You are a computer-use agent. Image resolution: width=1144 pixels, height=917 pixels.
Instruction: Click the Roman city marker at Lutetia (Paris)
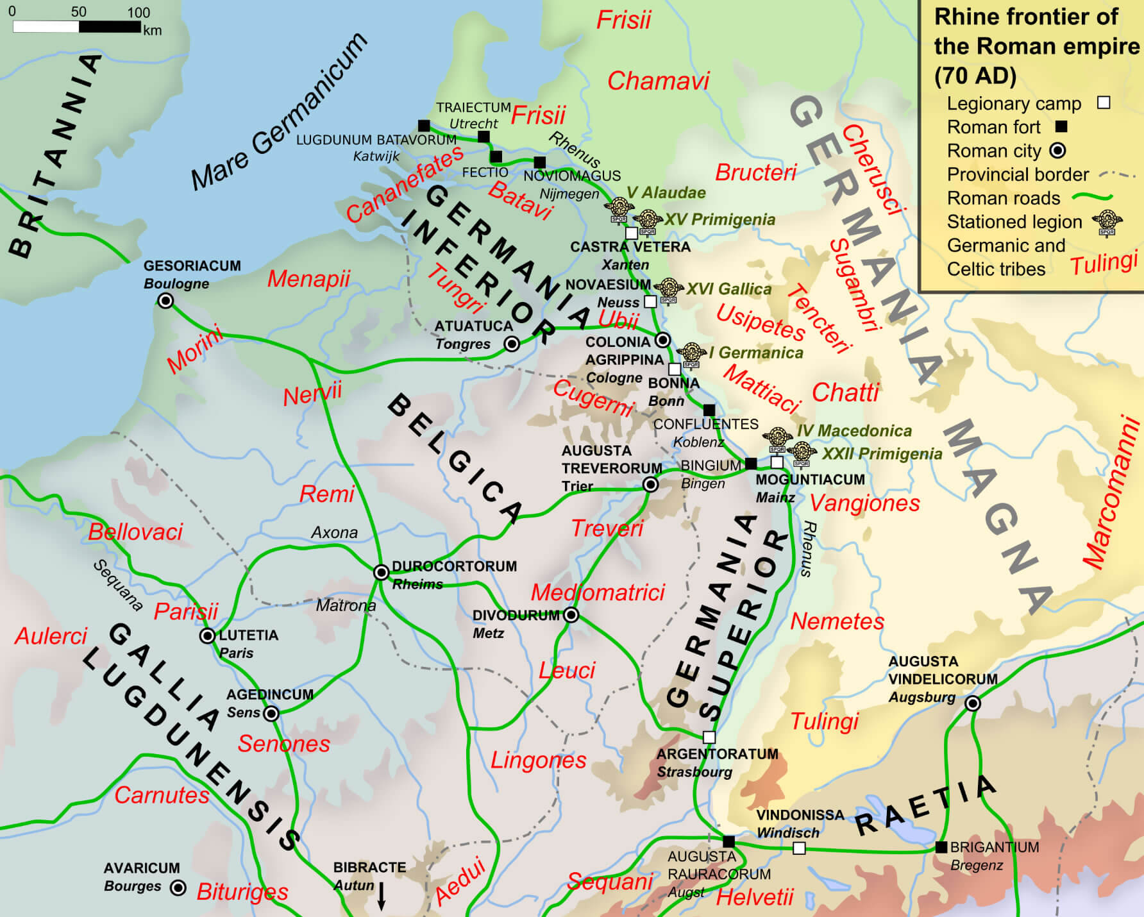207,636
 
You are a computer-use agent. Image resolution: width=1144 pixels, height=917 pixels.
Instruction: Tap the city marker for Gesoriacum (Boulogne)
165,301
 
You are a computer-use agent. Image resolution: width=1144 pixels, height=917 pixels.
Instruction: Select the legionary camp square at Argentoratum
709,737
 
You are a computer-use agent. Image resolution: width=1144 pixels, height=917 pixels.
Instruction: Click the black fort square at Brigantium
941,847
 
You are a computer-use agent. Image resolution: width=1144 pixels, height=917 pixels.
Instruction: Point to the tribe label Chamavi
658,81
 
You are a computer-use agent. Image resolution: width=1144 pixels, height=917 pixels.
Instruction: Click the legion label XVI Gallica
728,289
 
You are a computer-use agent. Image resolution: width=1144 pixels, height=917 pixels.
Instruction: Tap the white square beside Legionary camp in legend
1104,103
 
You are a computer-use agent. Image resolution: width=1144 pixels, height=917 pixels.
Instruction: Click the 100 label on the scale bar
139,12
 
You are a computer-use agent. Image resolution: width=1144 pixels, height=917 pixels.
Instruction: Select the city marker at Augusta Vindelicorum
973,703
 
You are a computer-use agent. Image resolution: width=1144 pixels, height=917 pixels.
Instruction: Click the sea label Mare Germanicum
279,112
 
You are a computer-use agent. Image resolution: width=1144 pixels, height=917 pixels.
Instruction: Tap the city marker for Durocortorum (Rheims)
381,572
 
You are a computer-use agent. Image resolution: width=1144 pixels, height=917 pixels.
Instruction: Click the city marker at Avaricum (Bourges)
178,888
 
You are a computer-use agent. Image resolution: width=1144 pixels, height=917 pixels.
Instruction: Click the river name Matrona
346,605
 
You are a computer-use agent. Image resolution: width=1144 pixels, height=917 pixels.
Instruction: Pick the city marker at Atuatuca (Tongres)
512,344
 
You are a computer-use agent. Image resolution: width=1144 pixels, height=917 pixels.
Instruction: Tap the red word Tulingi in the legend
1104,264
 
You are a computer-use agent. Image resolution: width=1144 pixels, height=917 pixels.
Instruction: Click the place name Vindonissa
800,815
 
